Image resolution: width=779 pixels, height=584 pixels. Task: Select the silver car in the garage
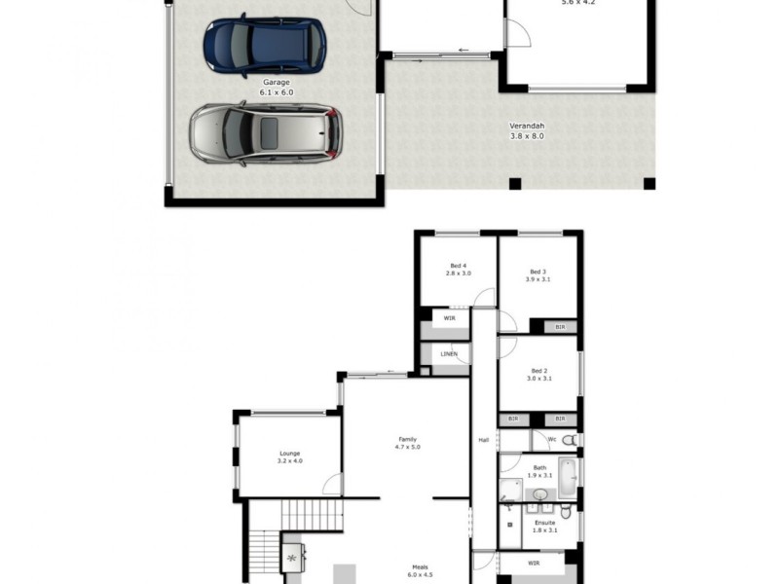point(265,132)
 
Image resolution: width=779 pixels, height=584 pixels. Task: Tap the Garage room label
point(277,85)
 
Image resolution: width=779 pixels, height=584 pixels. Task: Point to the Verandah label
point(527,126)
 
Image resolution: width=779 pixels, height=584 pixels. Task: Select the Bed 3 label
point(538,272)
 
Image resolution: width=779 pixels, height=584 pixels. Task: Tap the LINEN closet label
point(449,353)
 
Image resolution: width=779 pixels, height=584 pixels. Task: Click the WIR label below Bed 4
point(450,317)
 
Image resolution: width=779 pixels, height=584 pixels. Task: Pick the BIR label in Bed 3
point(559,327)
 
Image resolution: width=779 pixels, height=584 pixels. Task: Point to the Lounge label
point(289,453)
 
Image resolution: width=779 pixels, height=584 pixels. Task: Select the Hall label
point(483,440)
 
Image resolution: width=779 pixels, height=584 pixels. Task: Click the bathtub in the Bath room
point(569,479)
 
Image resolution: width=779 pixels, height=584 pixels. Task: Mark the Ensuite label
point(544,522)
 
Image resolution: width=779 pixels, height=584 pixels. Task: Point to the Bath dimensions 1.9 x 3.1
point(538,476)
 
